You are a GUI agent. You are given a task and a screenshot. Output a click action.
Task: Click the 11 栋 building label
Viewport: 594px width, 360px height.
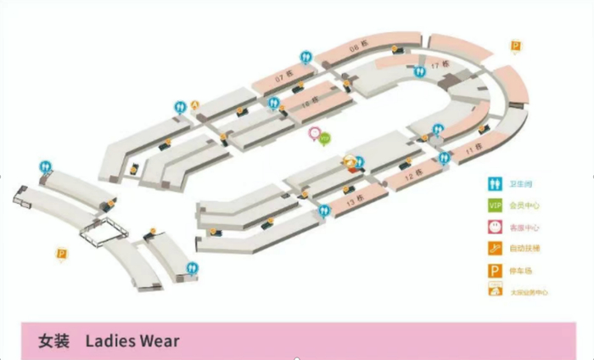[472, 151]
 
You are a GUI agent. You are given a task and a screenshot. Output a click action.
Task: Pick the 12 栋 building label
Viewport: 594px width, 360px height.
[414, 176]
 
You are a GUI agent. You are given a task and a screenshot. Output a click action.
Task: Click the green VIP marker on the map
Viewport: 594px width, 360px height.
[324, 138]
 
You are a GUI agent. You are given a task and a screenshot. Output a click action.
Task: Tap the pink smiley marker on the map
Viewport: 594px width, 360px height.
[315, 133]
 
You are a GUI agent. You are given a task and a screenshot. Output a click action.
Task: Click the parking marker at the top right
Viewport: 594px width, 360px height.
[515, 46]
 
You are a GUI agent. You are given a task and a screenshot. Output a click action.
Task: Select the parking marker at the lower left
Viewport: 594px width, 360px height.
[61, 253]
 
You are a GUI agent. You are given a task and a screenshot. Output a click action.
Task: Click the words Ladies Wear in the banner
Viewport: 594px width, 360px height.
[132, 341]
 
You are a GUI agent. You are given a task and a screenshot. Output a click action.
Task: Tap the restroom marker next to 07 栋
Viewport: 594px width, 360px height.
[306, 57]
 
